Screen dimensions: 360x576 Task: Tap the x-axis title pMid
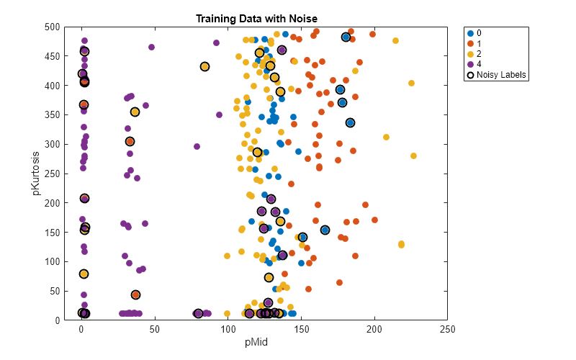tap(256, 342)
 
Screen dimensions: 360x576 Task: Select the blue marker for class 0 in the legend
tap(471, 34)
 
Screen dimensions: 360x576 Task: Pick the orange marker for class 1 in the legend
tap(471, 43)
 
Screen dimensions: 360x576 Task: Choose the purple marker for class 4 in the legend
tap(471, 63)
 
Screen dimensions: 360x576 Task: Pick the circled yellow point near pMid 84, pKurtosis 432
tap(204, 67)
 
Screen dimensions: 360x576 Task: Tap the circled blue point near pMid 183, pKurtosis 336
tap(350, 123)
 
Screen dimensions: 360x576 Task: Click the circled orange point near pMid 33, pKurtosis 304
tap(130, 142)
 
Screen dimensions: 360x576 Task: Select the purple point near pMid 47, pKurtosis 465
tap(151, 48)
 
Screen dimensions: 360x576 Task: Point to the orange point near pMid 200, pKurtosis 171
tap(374, 220)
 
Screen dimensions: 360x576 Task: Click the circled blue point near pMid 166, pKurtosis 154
tap(325, 230)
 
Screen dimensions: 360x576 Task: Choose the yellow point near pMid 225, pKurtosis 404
tap(411, 84)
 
